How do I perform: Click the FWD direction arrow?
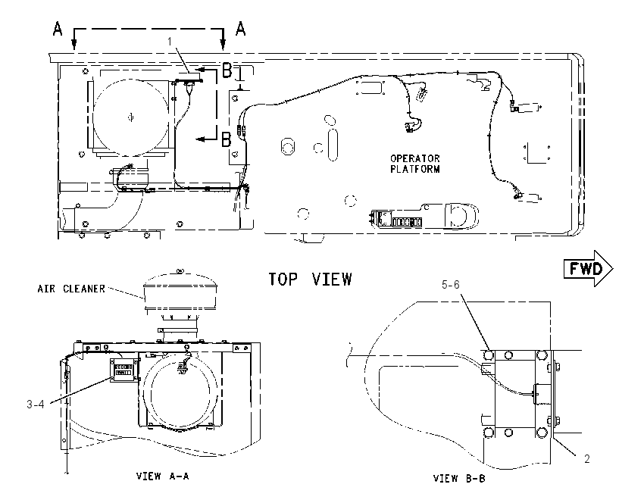(588, 268)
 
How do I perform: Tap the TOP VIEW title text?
(310, 280)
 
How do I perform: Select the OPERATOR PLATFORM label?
(415, 164)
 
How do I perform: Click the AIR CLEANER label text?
(71, 289)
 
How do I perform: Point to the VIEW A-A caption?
(163, 476)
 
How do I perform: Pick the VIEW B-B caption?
(459, 478)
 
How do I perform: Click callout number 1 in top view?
(169, 41)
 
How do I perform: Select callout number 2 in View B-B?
(587, 458)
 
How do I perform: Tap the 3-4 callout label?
(36, 405)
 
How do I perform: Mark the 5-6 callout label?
(451, 285)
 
